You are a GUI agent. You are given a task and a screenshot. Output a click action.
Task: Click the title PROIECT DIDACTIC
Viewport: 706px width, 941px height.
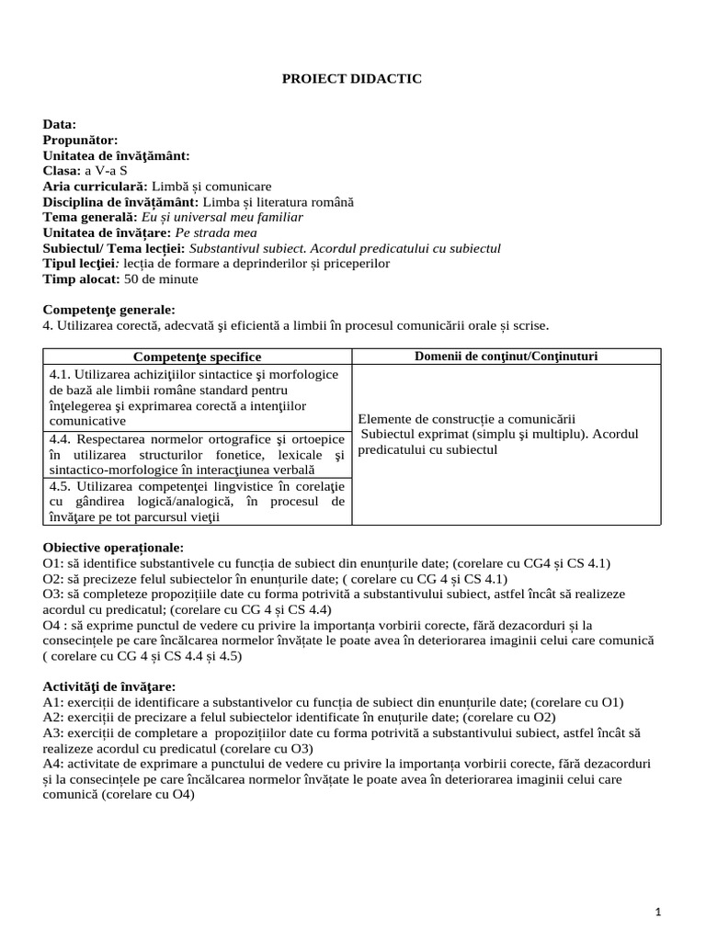coord(351,79)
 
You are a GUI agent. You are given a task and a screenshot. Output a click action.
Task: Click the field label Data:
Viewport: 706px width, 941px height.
coord(60,124)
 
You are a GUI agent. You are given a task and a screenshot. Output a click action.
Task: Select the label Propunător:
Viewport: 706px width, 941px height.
coord(80,140)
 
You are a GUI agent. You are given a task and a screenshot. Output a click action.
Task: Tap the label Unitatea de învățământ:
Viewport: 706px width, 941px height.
coord(116,155)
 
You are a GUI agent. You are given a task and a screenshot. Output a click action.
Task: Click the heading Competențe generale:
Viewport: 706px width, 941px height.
coord(108,310)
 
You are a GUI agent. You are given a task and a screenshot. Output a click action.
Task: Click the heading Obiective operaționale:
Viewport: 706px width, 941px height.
coord(113,547)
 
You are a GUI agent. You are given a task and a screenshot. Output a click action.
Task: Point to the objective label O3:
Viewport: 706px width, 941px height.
coord(53,594)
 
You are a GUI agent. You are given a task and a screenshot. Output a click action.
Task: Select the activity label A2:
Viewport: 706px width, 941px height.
coord(53,717)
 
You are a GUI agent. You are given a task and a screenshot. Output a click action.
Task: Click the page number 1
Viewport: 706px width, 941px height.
coord(659,911)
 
